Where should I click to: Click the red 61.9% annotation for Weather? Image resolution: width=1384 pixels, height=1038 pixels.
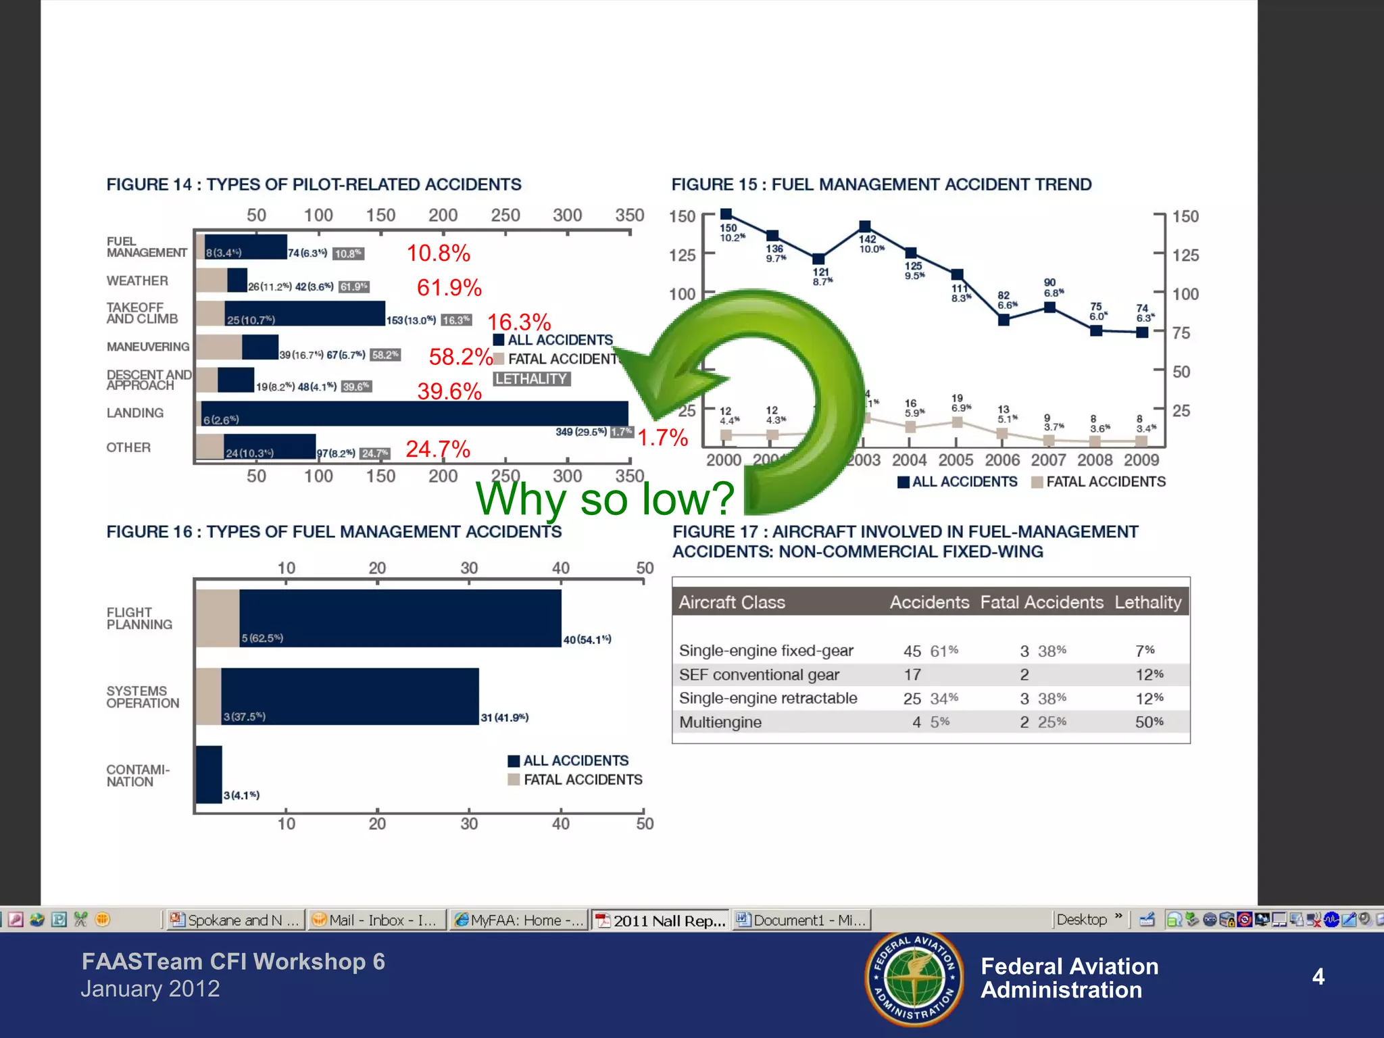click(x=449, y=288)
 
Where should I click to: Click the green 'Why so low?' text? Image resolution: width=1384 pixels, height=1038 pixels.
click(x=604, y=499)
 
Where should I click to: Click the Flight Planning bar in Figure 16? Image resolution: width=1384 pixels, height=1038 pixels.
click(x=400, y=618)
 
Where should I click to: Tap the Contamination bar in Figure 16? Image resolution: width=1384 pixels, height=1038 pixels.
click(x=209, y=774)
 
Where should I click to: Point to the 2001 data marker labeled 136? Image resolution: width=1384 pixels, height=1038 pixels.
click(x=772, y=235)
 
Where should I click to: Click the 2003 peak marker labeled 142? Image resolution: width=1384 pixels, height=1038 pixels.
click(x=865, y=226)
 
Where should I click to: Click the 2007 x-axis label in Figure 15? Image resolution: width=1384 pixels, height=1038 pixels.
click(x=1048, y=460)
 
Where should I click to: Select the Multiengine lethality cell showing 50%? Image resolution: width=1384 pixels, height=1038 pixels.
click(x=1149, y=722)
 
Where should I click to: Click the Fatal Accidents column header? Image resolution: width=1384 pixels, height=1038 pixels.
click(x=1041, y=602)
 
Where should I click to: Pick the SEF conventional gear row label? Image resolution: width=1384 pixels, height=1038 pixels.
click(x=759, y=674)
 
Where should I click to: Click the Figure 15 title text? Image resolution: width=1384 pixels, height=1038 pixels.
click(x=881, y=184)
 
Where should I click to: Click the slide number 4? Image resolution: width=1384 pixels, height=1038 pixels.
click(x=1318, y=977)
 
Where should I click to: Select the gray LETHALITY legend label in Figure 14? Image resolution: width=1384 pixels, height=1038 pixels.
click(x=531, y=379)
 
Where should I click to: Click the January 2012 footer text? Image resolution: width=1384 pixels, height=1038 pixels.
click(x=150, y=989)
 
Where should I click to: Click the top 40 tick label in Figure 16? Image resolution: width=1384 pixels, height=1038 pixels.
click(x=560, y=568)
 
